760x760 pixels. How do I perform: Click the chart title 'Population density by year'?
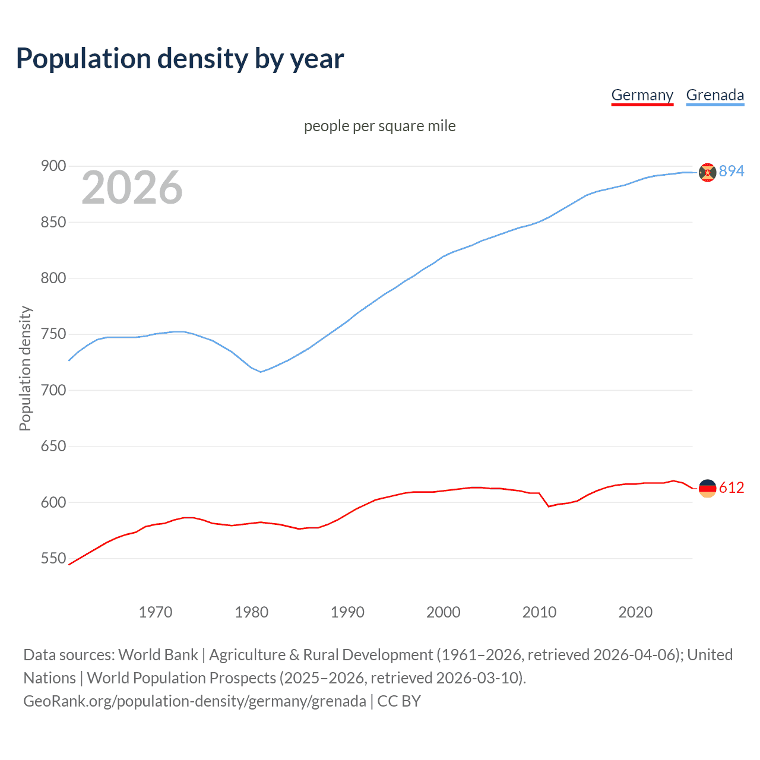point(180,59)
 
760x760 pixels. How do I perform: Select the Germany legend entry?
point(642,95)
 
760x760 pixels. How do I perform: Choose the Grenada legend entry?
point(715,95)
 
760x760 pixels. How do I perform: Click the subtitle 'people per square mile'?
point(379,126)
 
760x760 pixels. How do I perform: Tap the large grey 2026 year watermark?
point(132,188)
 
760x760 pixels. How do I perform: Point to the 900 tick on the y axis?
point(53,166)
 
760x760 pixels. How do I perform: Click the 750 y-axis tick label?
point(53,334)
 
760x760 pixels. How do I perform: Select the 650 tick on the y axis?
point(53,446)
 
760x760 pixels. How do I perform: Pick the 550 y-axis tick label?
point(53,558)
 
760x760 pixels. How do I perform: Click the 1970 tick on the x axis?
point(156,612)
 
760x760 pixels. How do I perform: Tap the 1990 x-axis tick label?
point(347,612)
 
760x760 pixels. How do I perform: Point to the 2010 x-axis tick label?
point(539,612)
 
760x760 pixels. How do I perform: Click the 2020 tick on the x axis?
point(635,612)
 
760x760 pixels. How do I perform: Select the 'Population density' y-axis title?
point(25,368)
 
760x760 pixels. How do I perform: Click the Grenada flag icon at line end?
point(707,172)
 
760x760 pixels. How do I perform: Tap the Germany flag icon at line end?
point(707,488)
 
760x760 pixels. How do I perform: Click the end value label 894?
point(731,171)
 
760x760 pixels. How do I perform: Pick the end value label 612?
point(731,487)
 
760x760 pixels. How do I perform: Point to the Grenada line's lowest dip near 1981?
point(260,372)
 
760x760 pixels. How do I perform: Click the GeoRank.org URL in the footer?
point(195,701)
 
